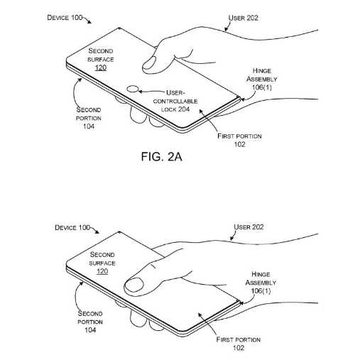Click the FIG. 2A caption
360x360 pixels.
point(162,157)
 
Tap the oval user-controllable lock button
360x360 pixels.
point(132,89)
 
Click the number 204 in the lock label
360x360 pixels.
point(183,109)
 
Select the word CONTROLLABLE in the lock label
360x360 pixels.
point(175,102)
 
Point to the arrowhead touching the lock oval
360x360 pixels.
point(140,92)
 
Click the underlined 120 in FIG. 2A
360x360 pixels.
point(101,67)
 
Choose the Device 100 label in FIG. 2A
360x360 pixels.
point(65,18)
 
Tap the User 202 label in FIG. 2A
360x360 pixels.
point(244,18)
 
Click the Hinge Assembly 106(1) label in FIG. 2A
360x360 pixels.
point(262,79)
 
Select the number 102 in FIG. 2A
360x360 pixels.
point(239,144)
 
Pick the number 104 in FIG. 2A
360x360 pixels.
point(89,126)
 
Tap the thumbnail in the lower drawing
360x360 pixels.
point(134,286)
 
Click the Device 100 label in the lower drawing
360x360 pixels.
point(72,228)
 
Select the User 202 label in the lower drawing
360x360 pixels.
point(249,227)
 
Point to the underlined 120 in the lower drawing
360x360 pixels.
point(102,271)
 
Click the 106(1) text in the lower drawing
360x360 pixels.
point(261,290)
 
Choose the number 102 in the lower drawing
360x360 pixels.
point(239,348)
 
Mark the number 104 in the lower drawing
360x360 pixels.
point(90,329)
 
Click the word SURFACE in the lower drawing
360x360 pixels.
point(102,263)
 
